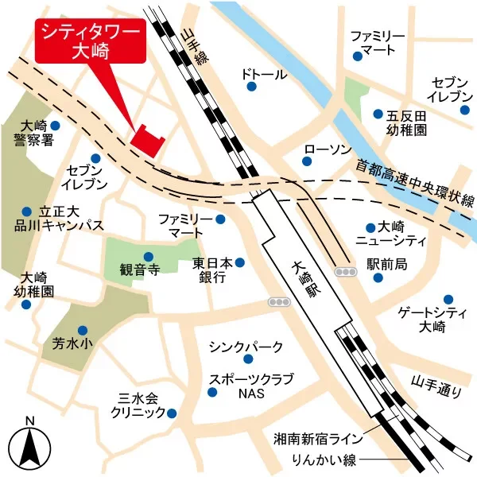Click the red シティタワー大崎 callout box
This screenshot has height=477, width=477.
tap(91, 41)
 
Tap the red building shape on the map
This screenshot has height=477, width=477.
tap(147, 139)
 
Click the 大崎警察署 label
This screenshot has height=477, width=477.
tap(33, 134)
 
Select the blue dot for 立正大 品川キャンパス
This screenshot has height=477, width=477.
tap(26, 211)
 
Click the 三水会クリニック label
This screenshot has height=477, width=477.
tap(138, 406)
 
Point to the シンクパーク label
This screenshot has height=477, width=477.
tap(246, 347)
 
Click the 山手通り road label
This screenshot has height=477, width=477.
tap(436, 385)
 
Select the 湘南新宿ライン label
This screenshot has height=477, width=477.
tap(318, 438)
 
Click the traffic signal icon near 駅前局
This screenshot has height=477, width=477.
tap(345, 272)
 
